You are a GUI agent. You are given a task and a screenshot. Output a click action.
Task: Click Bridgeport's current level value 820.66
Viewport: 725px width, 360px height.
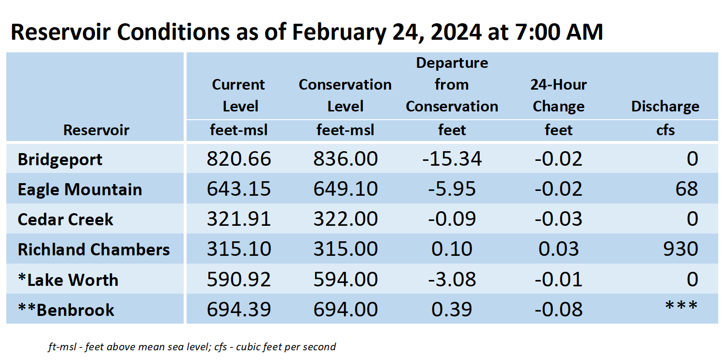click(x=239, y=159)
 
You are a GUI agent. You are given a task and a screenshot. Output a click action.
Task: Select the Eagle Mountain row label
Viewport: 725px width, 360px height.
click(x=80, y=189)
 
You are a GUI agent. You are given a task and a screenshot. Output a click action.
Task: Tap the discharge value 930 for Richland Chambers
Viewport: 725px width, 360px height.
click(x=681, y=249)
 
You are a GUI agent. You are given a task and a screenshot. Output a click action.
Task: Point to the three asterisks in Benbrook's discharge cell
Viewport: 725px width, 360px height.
click(x=681, y=305)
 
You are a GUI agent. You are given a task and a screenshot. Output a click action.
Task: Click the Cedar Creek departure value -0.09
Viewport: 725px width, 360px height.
click(x=452, y=219)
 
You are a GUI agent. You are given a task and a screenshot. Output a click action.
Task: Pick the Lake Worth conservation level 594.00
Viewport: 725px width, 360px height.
click(x=346, y=279)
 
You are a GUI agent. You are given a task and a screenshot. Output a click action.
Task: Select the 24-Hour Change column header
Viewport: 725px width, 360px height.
click(x=559, y=95)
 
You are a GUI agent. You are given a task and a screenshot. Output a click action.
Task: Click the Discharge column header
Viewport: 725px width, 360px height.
click(x=665, y=107)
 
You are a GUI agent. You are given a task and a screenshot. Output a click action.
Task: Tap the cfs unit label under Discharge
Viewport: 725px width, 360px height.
click(x=665, y=130)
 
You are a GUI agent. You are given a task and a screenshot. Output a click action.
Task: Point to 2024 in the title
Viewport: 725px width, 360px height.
click(x=456, y=32)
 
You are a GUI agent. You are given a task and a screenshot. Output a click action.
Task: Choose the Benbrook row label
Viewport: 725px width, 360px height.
click(x=66, y=310)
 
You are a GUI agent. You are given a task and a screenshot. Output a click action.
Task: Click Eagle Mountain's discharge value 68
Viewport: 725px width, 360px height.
click(x=687, y=189)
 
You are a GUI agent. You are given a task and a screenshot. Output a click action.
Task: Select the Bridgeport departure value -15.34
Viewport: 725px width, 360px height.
click(x=452, y=159)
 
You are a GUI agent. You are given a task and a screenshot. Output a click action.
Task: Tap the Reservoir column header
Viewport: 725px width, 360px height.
click(x=96, y=130)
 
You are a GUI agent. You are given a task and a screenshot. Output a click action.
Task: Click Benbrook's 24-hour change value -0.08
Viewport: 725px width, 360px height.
click(x=559, y=309)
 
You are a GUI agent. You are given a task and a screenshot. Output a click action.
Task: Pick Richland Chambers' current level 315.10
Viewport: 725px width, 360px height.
click(x=239, y=249)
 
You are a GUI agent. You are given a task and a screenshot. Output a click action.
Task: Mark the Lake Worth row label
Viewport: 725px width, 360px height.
click(x=68, y=280)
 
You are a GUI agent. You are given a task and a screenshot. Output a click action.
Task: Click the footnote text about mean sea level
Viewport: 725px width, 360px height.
click(x=192, y=347)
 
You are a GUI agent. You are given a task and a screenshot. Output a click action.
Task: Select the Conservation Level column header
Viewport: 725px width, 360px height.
click(x=345, y=95)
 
